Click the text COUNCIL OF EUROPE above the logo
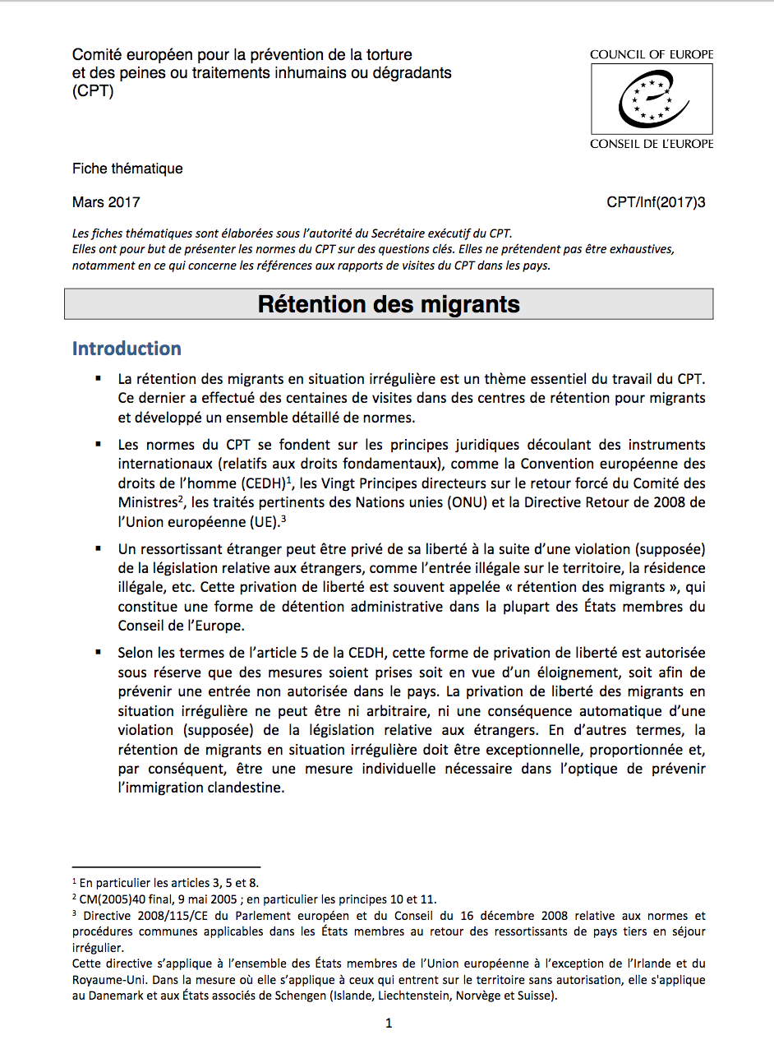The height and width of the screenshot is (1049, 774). (652, 55)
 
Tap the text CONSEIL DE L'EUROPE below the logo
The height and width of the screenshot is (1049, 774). (652, 144)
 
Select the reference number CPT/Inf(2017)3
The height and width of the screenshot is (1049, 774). (656, 202)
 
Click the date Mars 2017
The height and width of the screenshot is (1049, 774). (106, 202)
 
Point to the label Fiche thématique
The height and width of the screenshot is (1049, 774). (127, 169)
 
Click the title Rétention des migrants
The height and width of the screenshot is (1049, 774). (389, 304)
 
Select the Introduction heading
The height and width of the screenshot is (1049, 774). (127, 349)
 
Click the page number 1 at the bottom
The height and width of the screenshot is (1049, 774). (389, 1024)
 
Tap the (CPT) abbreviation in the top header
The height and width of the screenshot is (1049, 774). (93, 91)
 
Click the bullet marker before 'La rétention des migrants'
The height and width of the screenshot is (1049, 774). (99, 378)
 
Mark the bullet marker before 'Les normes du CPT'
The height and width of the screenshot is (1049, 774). (99, 444)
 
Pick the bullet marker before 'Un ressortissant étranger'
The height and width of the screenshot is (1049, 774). (99, 548)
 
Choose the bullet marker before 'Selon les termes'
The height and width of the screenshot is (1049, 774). (99, 652)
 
